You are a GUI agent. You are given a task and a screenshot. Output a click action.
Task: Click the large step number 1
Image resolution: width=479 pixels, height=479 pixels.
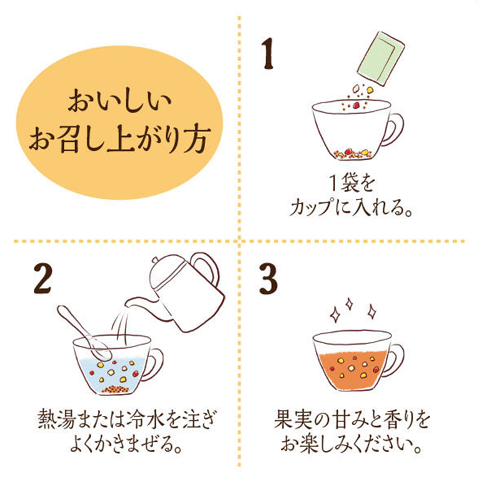click(268, 53)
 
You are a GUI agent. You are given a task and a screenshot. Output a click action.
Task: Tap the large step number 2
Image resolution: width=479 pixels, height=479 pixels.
click(43, 279)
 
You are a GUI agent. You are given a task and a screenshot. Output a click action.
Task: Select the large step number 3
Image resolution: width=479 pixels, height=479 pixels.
click(268, 279)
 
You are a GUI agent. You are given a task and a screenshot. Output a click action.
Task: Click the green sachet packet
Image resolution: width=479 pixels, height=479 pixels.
click(381, 58)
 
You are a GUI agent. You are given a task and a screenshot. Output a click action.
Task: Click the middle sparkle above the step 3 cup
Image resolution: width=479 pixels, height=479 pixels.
click(349, 305)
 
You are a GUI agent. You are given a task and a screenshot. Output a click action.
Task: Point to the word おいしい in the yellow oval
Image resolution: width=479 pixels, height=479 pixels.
click(119, 101)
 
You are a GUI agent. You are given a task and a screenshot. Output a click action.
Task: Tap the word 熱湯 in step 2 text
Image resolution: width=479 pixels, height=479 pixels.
click(56, 419)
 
